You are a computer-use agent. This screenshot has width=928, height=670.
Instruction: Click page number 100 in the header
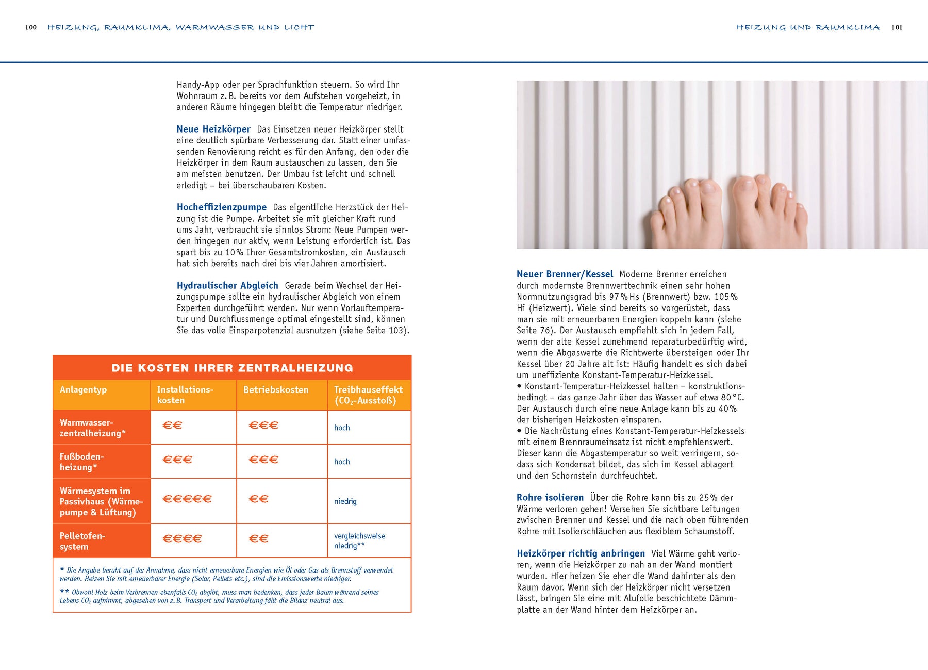31,28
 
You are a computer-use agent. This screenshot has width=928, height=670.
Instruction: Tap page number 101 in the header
897,28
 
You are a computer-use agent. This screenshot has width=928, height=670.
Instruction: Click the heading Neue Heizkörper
213,129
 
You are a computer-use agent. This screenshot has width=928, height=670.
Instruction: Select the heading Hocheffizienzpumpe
222,207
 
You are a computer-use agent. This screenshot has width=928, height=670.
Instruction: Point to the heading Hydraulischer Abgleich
227,286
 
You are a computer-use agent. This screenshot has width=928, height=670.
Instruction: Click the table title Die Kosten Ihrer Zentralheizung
232,368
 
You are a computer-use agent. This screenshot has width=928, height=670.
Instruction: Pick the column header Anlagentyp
84,390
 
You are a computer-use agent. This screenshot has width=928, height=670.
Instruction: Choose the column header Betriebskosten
276,390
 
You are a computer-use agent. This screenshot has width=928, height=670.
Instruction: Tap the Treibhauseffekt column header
368,395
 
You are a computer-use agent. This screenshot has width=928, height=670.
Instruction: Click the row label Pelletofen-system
82,541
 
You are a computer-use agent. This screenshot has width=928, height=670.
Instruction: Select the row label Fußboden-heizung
82,462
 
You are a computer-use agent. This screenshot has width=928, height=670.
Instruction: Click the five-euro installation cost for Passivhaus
187,499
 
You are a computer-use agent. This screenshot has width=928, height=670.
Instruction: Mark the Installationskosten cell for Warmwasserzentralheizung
173,426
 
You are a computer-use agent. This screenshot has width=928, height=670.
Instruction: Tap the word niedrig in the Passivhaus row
345,501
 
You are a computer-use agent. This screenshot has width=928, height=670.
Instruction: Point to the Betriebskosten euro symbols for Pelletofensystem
259,538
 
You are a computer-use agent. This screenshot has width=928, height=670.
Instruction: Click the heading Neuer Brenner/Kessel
565,274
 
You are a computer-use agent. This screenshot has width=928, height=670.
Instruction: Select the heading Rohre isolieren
550,498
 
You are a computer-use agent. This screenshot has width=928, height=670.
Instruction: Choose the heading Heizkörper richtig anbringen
581,553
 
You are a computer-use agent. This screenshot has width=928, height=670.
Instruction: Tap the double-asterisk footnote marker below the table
64,592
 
